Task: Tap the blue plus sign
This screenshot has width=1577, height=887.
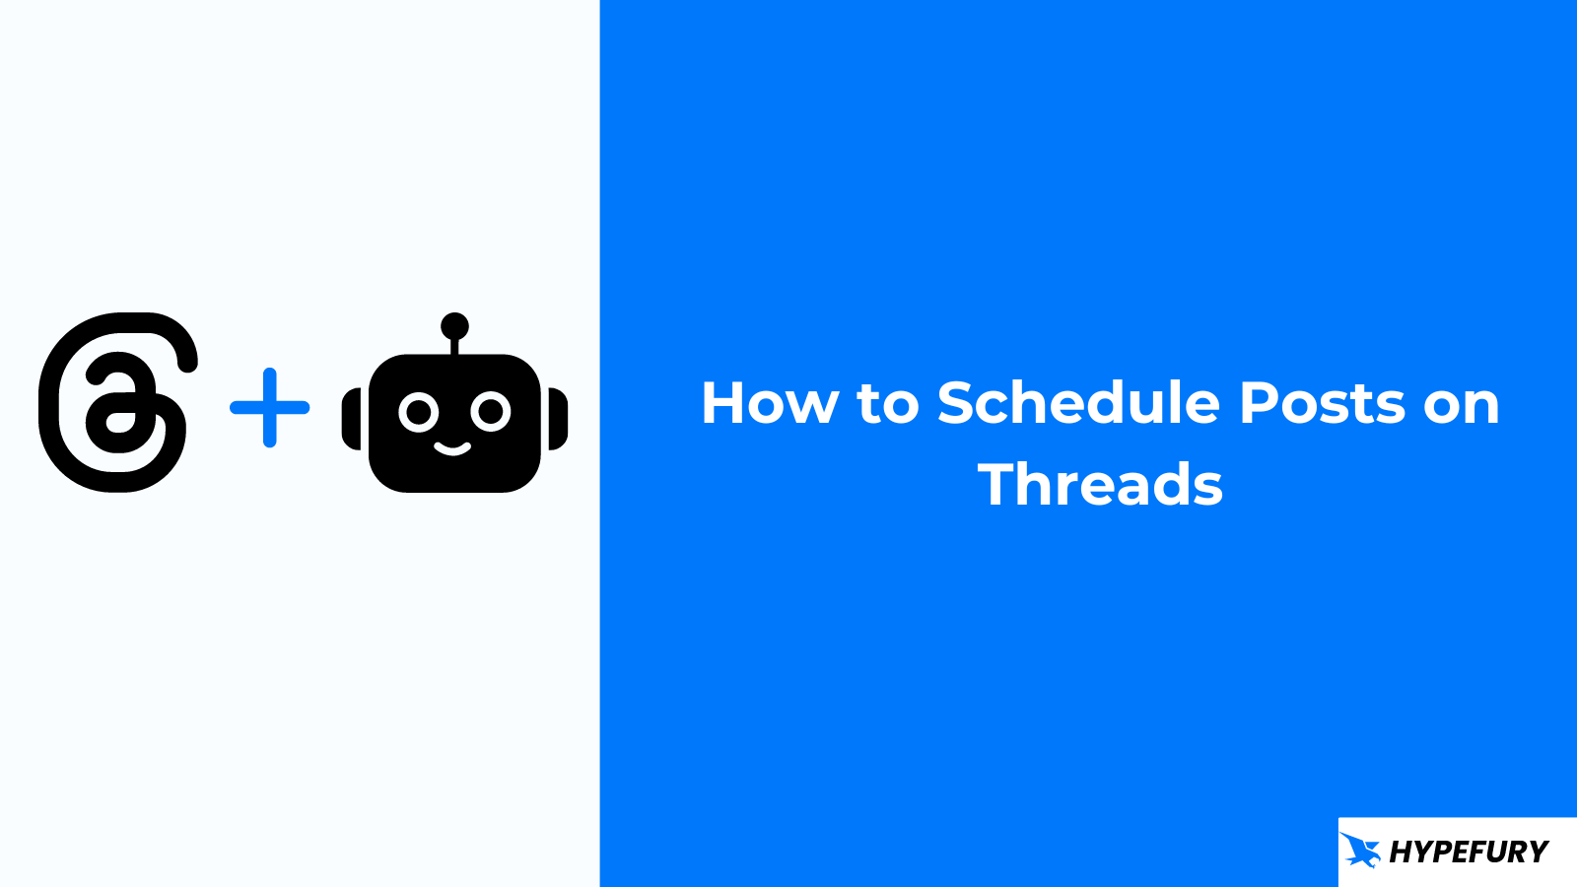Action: (x=270, y=407)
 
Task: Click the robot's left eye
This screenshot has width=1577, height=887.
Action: (x=419, y=412)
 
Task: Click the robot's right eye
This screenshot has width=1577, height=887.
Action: (x=491, y=412)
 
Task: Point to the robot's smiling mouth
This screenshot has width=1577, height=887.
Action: (x=452, y=449)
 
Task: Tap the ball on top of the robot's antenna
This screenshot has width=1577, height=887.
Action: (x=454, y=326)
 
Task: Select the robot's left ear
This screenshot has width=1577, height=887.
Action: (x=351, y=419)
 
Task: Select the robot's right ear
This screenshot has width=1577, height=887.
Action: (x=558, y=419)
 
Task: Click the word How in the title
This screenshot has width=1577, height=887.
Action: (x=770, y=403)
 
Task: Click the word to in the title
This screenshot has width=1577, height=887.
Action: (x=888, y=404)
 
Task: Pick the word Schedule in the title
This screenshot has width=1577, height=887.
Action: (x=1078, y=402)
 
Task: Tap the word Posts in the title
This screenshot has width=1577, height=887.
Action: (x=1322, y=403)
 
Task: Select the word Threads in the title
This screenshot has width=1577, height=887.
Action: (x=1100, y=484)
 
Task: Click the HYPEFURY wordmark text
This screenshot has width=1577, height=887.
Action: (x=1469, y=852)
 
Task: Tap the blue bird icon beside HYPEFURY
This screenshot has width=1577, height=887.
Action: (x=1360, y=850)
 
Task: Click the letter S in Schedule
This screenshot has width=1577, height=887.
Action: (x=956, y=403)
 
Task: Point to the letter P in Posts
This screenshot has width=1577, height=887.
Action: (x=1259, y=403)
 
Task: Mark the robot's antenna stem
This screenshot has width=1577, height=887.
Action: (x=454, y=346)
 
